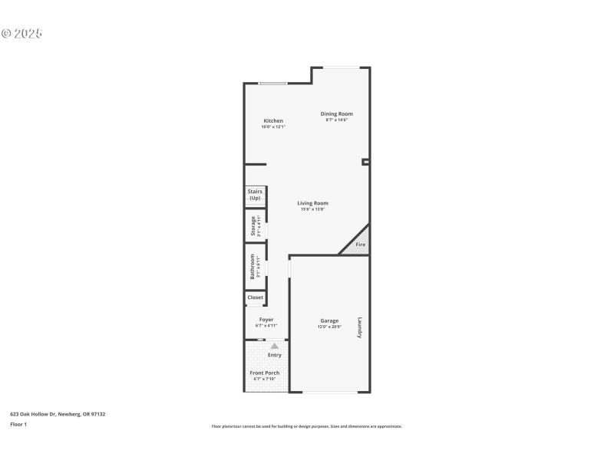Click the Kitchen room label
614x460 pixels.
[273, 120]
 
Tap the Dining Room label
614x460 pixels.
[336, 113]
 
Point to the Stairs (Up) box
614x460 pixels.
[254, 195]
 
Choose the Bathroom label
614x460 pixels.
[253, 266]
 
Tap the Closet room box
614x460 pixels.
[255, 297]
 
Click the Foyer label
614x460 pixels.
[266, 320]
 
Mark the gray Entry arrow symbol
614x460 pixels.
[274, 347]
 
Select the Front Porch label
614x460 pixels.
[264, 373]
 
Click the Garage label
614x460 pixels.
[329, 320]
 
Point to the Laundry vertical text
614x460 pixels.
[358, 328]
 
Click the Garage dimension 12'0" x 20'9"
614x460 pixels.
[329, 327]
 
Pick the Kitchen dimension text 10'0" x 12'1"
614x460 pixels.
[273, 127]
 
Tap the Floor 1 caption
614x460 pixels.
[18, 424]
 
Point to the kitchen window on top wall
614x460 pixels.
[272, 84]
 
